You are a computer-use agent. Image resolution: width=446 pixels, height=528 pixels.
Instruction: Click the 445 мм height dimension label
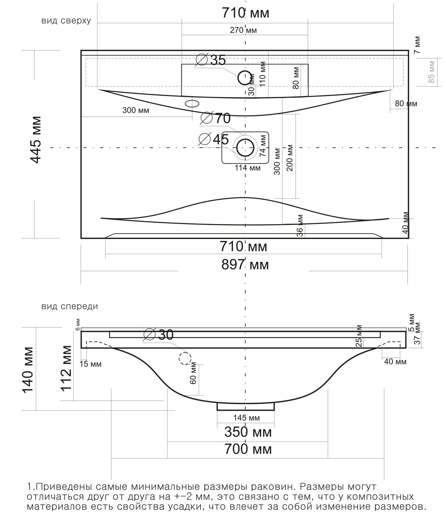coord(35,140)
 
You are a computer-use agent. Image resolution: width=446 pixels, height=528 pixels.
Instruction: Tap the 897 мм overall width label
coord(245,265)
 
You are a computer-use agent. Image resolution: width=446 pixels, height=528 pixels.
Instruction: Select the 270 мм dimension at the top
coord(243,30)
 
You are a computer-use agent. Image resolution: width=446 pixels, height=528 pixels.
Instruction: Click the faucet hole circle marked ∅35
coord(245,78)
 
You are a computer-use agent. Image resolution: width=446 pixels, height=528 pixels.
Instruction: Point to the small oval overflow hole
coord(192,103)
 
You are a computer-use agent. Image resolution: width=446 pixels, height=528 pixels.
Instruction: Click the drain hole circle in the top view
coord(245,148)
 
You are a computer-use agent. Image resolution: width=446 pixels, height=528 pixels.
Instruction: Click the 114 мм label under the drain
coord(248,168)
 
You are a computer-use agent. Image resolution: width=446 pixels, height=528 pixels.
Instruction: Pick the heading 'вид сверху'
coord(66,21)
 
